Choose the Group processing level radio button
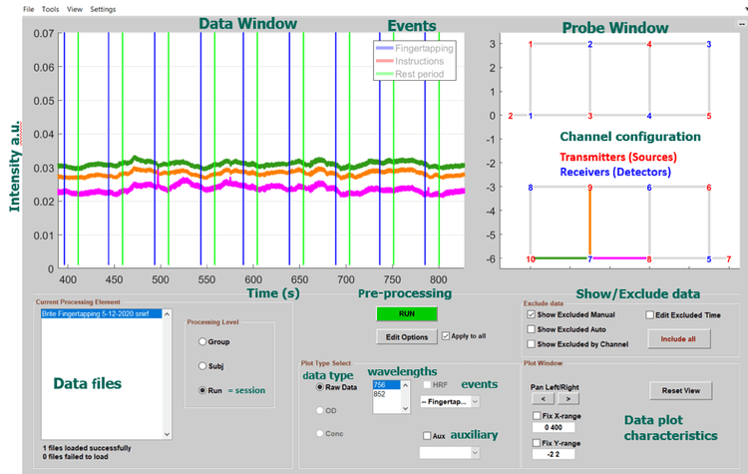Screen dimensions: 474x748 (201, 341)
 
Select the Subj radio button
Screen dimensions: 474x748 (201, 365)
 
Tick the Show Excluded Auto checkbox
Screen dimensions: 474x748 (531, 328)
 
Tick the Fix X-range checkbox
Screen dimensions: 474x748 (536, 413)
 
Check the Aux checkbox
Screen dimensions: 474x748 (427, 436)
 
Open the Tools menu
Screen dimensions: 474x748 (50, 9)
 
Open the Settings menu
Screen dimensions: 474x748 (103, 9)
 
